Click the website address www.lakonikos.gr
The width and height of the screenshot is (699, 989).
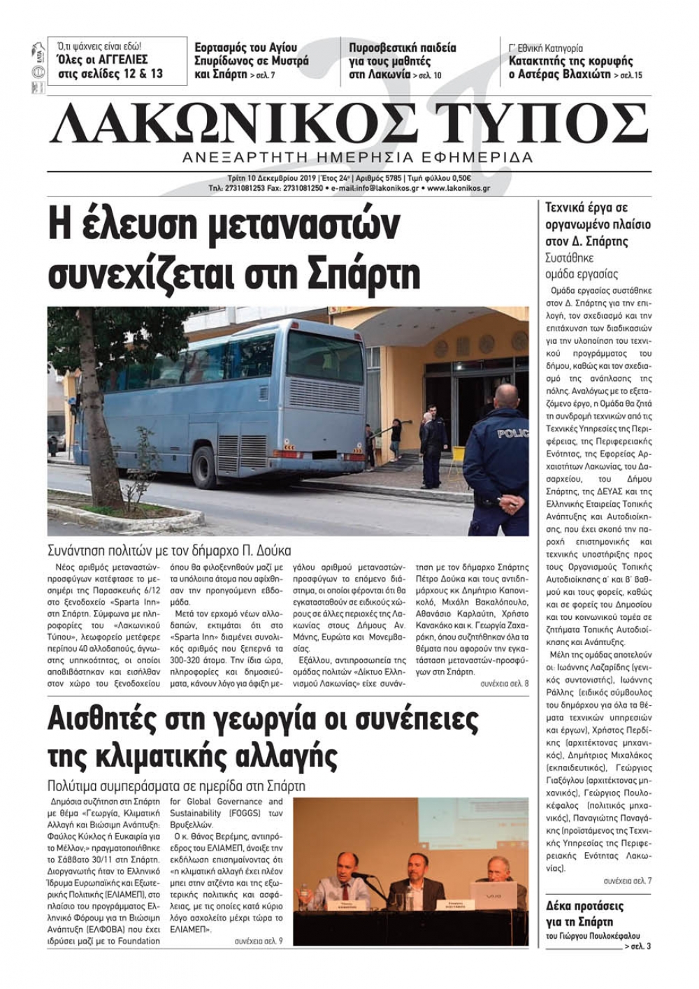[459, 188]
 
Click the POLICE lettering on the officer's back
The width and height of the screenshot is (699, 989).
[512, 434]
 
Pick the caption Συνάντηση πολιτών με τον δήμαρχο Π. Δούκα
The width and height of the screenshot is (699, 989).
[169, 550]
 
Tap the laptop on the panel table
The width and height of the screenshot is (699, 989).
[493, 893]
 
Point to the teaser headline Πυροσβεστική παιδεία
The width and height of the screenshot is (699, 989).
[403, 48]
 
